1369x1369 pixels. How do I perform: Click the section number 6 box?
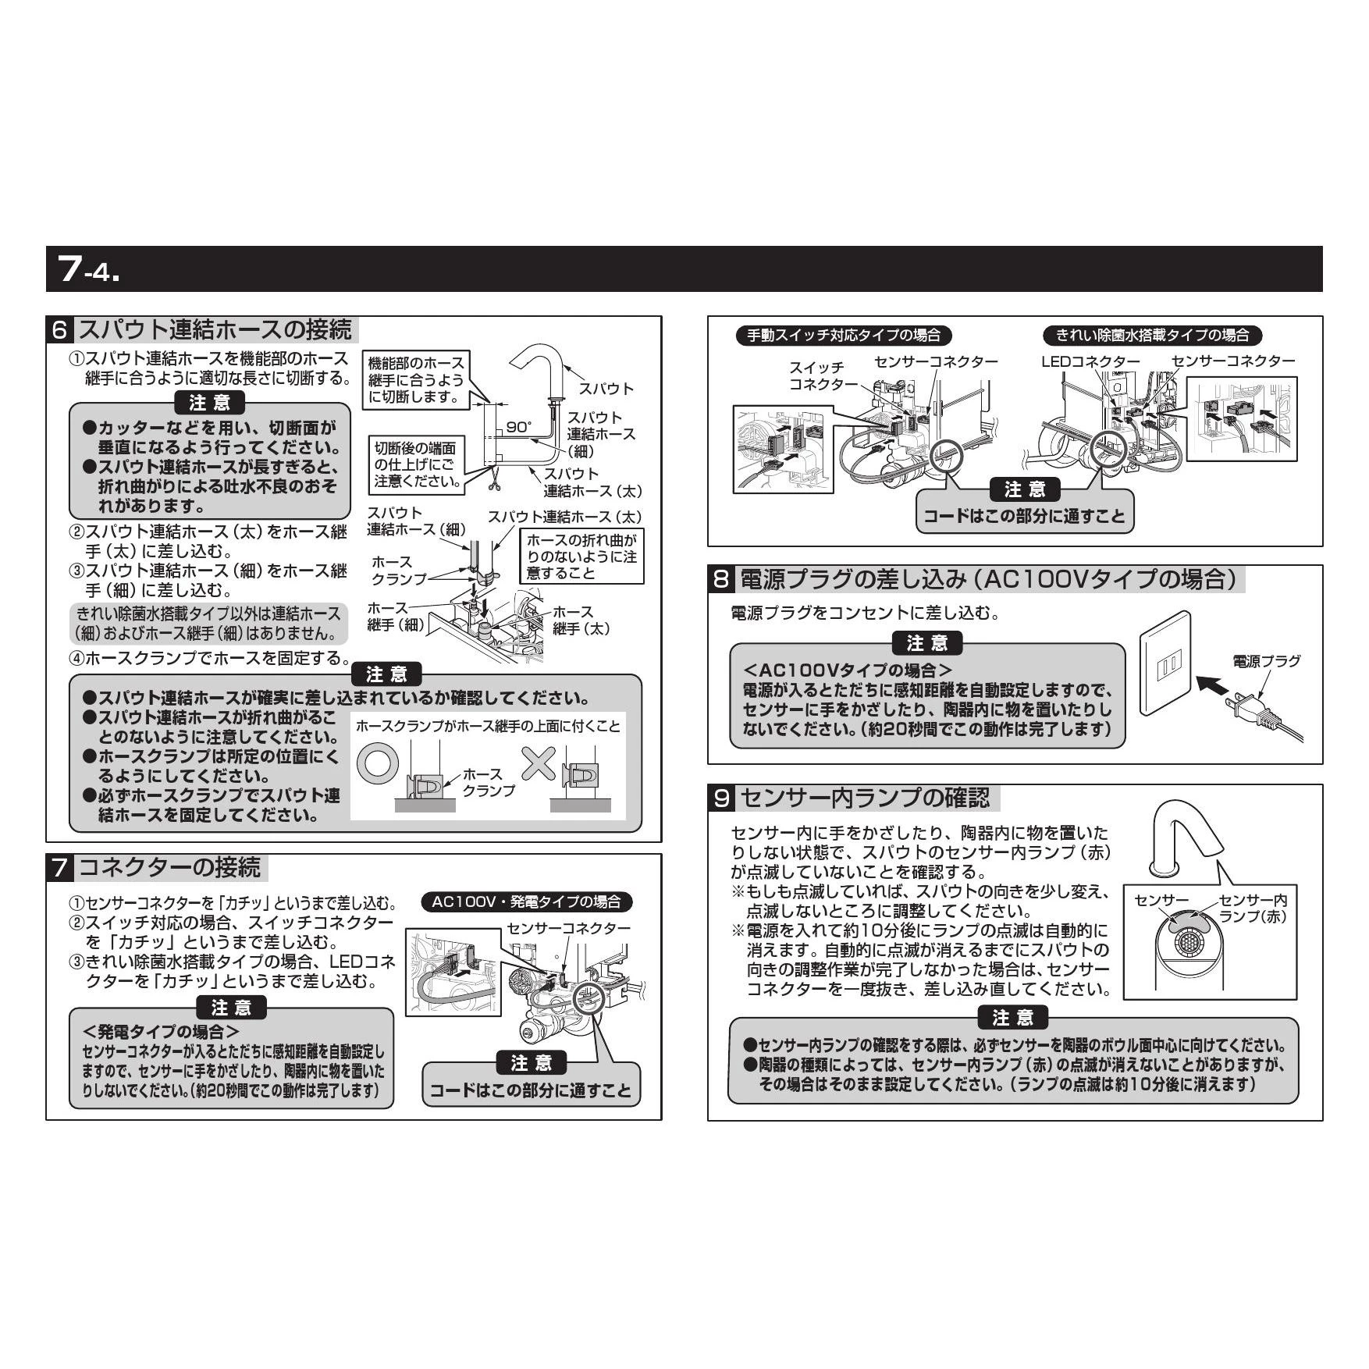(x=60, y=329)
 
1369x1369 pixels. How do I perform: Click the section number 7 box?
(x=60, y=867)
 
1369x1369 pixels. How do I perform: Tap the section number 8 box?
(x=722, y=579)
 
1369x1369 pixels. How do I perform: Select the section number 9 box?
(x=722, y=798)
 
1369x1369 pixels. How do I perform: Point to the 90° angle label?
(x=518, y=427)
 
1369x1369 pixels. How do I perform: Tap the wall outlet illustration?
(x=1165, y=663)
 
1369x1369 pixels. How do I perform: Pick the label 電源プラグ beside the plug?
(x=1266, y=661)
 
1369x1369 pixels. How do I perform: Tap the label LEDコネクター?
(x=1090, y=361)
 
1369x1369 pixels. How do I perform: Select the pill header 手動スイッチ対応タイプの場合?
(x=844, y=336)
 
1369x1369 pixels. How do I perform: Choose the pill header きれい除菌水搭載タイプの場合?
(x=1152, y=336)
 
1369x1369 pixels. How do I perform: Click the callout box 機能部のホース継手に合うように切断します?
(x=417, y=379)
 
